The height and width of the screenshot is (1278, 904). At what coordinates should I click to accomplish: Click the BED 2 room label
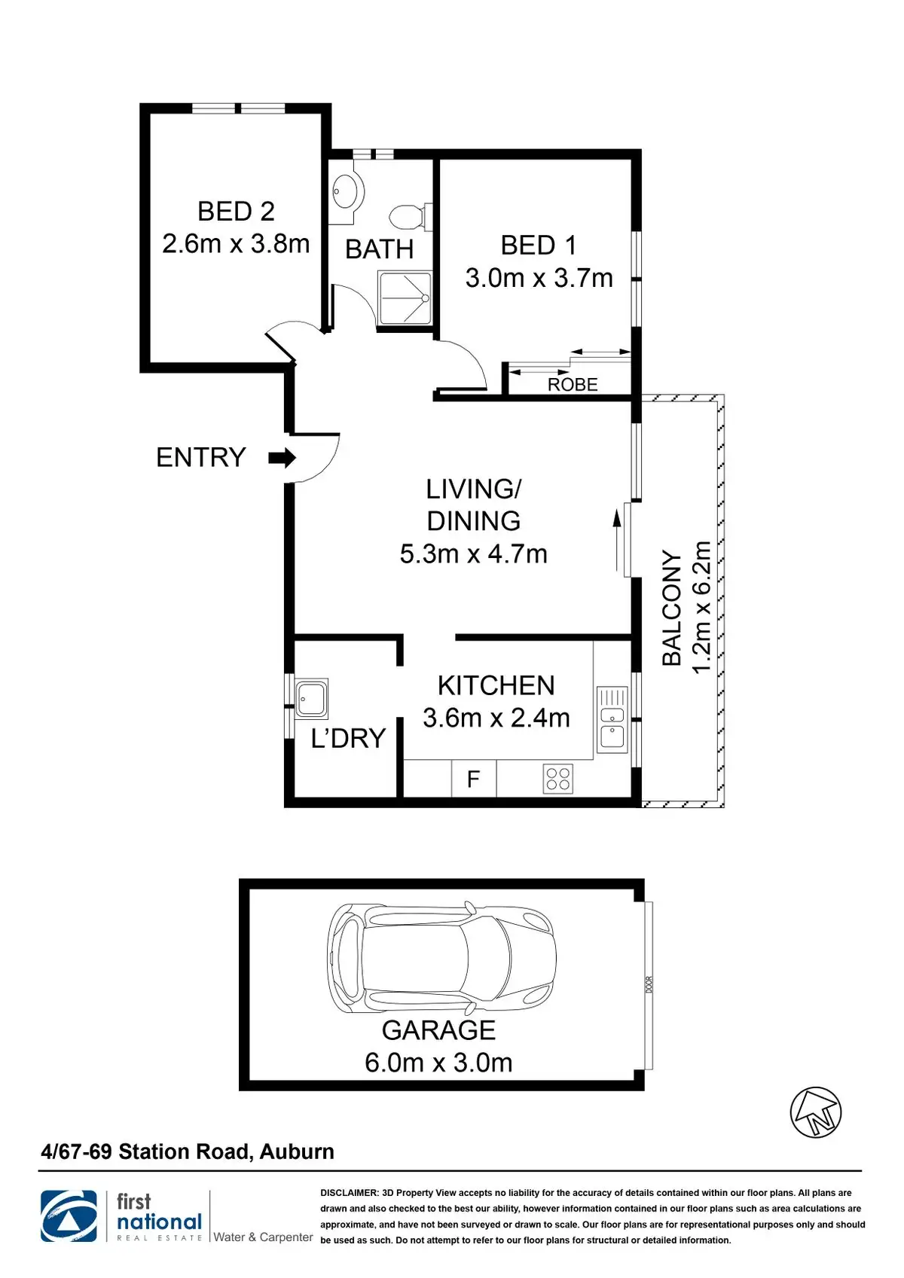click(236, 212)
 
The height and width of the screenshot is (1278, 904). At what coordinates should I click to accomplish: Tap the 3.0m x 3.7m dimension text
click(539, 279)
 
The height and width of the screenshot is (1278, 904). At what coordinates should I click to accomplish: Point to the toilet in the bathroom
click(411, 217)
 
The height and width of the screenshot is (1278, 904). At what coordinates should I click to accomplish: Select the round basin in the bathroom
click(347, 190)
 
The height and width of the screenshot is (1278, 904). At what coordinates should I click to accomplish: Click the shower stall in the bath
click(404, 298)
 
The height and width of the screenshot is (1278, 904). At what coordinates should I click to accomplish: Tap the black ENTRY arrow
click(282, 458)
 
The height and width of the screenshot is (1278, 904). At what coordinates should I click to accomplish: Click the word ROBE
click(573, 385)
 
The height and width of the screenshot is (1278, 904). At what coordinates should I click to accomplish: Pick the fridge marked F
click(474, 778)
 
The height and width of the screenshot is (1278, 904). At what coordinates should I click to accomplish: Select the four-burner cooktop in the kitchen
click(557, 778)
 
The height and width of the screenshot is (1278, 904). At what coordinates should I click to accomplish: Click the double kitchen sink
click(612, 719)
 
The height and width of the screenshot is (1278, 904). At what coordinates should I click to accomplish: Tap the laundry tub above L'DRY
click(311, 698)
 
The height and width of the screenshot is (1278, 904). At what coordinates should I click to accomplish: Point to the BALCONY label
click(672, 608)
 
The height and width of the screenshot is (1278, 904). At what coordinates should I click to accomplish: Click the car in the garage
click(441, 958)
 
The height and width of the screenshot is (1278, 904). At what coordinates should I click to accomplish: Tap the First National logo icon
click(69, 1216)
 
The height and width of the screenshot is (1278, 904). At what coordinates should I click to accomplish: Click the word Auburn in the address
click(297, 1152)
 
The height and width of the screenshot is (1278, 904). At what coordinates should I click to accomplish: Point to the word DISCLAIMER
click(349, 1192)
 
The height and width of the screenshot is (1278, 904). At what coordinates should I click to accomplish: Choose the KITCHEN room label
click(496, 686)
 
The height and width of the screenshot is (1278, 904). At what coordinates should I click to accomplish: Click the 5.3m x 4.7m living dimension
click(474, 554)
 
